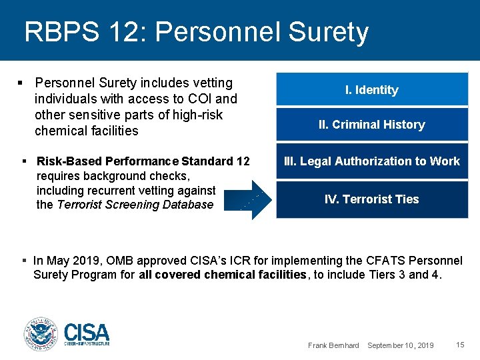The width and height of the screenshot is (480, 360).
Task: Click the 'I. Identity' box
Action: coord(372,89)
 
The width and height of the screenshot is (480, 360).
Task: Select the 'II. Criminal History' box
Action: coord(372,124)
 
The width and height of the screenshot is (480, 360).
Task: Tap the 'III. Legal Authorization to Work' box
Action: coord(372,161)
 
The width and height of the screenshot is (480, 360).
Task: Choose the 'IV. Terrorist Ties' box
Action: coord(372,199)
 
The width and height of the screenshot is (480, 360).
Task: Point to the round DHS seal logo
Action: coord(41,334)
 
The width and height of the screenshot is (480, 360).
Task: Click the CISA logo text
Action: coord(87,333)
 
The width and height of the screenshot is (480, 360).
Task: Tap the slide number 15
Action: coord(460,345)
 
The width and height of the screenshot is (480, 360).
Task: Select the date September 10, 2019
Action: coord(400,345)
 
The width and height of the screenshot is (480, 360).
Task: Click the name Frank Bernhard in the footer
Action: coord(333,345)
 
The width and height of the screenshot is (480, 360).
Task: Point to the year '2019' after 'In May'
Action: coord(82,260)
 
